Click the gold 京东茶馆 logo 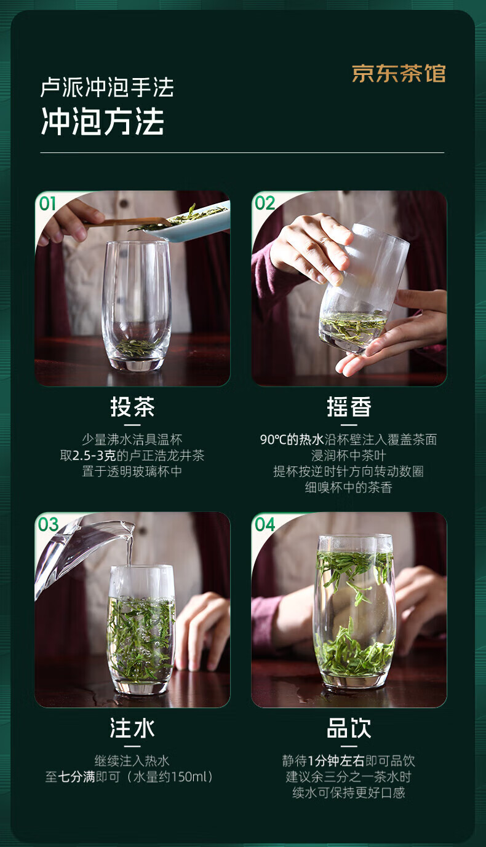coord(399,73)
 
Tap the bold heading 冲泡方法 coord(102,121)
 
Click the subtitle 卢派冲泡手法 coord(107,87)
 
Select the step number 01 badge coord(48,203)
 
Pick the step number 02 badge coord(265,203)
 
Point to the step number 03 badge coord(48,525)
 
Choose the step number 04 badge coord(265,525)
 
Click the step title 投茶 coord(132,408)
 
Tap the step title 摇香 coord(349,408)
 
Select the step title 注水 coord(132,728)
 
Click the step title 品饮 coord(349,728)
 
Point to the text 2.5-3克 coord(94,455)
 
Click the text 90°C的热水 coord(292,439)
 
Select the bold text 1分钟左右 coord(336,761)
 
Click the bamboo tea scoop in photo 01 coord(127,223)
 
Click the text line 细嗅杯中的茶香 coord(349,487)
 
